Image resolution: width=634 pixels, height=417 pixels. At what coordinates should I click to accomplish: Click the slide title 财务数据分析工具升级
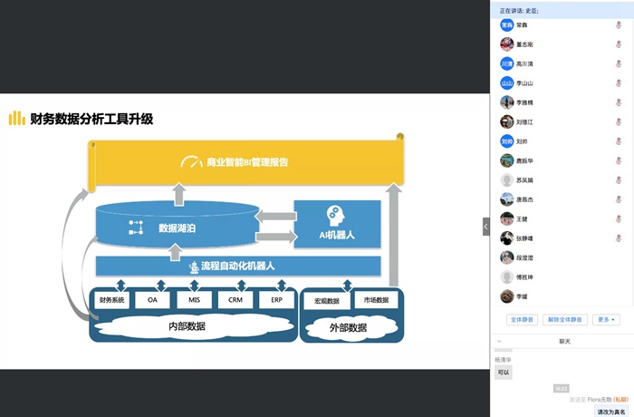[x=91, y=119]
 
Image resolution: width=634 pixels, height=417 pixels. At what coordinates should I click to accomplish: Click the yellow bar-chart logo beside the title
[x=16, y=119]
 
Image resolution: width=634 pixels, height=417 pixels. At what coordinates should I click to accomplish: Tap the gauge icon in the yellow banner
[x=191, y=163]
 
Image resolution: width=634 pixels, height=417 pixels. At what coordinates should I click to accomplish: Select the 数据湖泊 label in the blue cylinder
[x=177, y=228]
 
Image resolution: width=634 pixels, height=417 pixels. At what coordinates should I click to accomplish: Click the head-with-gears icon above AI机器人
[x=335, y=215]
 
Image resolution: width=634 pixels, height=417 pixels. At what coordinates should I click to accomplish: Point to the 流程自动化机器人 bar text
[x=237, y=267]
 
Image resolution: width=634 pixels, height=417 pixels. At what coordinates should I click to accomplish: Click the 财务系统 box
[x=111, y=300]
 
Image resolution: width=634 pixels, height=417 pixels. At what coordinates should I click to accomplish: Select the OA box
[x=153, y=300]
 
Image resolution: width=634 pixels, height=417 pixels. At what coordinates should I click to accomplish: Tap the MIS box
[x=194, y=300]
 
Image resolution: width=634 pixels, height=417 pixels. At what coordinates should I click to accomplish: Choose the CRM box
[x=235, y=300]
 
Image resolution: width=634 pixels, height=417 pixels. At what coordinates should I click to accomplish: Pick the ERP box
[x=276, y=300]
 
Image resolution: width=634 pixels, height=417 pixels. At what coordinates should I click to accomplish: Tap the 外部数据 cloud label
[x=349, y=327]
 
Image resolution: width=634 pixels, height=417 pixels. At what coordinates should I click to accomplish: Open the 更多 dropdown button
[x=607, y=319]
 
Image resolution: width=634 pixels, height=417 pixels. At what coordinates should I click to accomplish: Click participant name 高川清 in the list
[x=526, y=64]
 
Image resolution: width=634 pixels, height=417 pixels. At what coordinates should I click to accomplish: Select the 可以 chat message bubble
[x=504, y=372]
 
